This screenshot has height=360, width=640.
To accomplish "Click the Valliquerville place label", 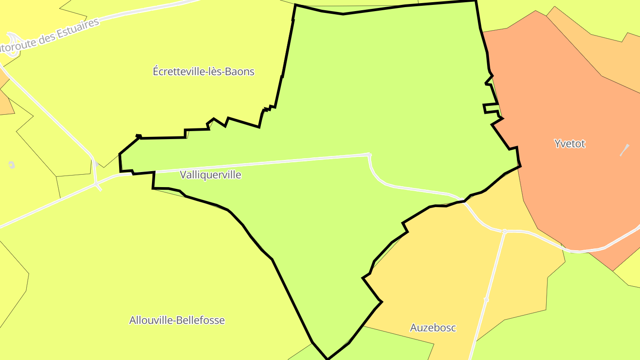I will (x=210, y=175).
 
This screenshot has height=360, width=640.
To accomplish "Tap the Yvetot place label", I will (x=569, y=144).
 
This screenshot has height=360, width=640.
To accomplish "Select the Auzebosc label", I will (x=432, y=328).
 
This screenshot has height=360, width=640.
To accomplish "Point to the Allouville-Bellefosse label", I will (x=177, y=320).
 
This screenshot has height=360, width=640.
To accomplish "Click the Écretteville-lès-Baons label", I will (x=204, y=71).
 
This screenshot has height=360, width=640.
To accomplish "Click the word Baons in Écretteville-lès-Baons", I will (x=240, y=71).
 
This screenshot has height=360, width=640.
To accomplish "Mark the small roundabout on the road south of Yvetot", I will (x=505, y=231).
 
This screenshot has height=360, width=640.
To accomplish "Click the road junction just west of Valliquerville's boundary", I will (x=96, y=184).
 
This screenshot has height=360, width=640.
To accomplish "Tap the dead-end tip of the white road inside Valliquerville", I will (x=368, y=155).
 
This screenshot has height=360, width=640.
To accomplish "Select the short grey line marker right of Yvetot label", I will (x=624, y=150).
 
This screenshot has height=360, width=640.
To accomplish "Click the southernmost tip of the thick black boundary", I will (x=328, y=359).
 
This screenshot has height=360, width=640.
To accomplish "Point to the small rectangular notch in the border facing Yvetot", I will (x=490, y=108).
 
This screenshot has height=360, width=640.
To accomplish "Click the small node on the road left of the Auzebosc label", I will (x=486, y=300).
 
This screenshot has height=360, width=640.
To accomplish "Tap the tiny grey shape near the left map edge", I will (x=12, y=165).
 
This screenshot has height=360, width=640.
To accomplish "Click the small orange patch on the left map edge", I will (x=5, y=100).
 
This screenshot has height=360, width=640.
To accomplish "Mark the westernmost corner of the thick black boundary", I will (x=120, y=154).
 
